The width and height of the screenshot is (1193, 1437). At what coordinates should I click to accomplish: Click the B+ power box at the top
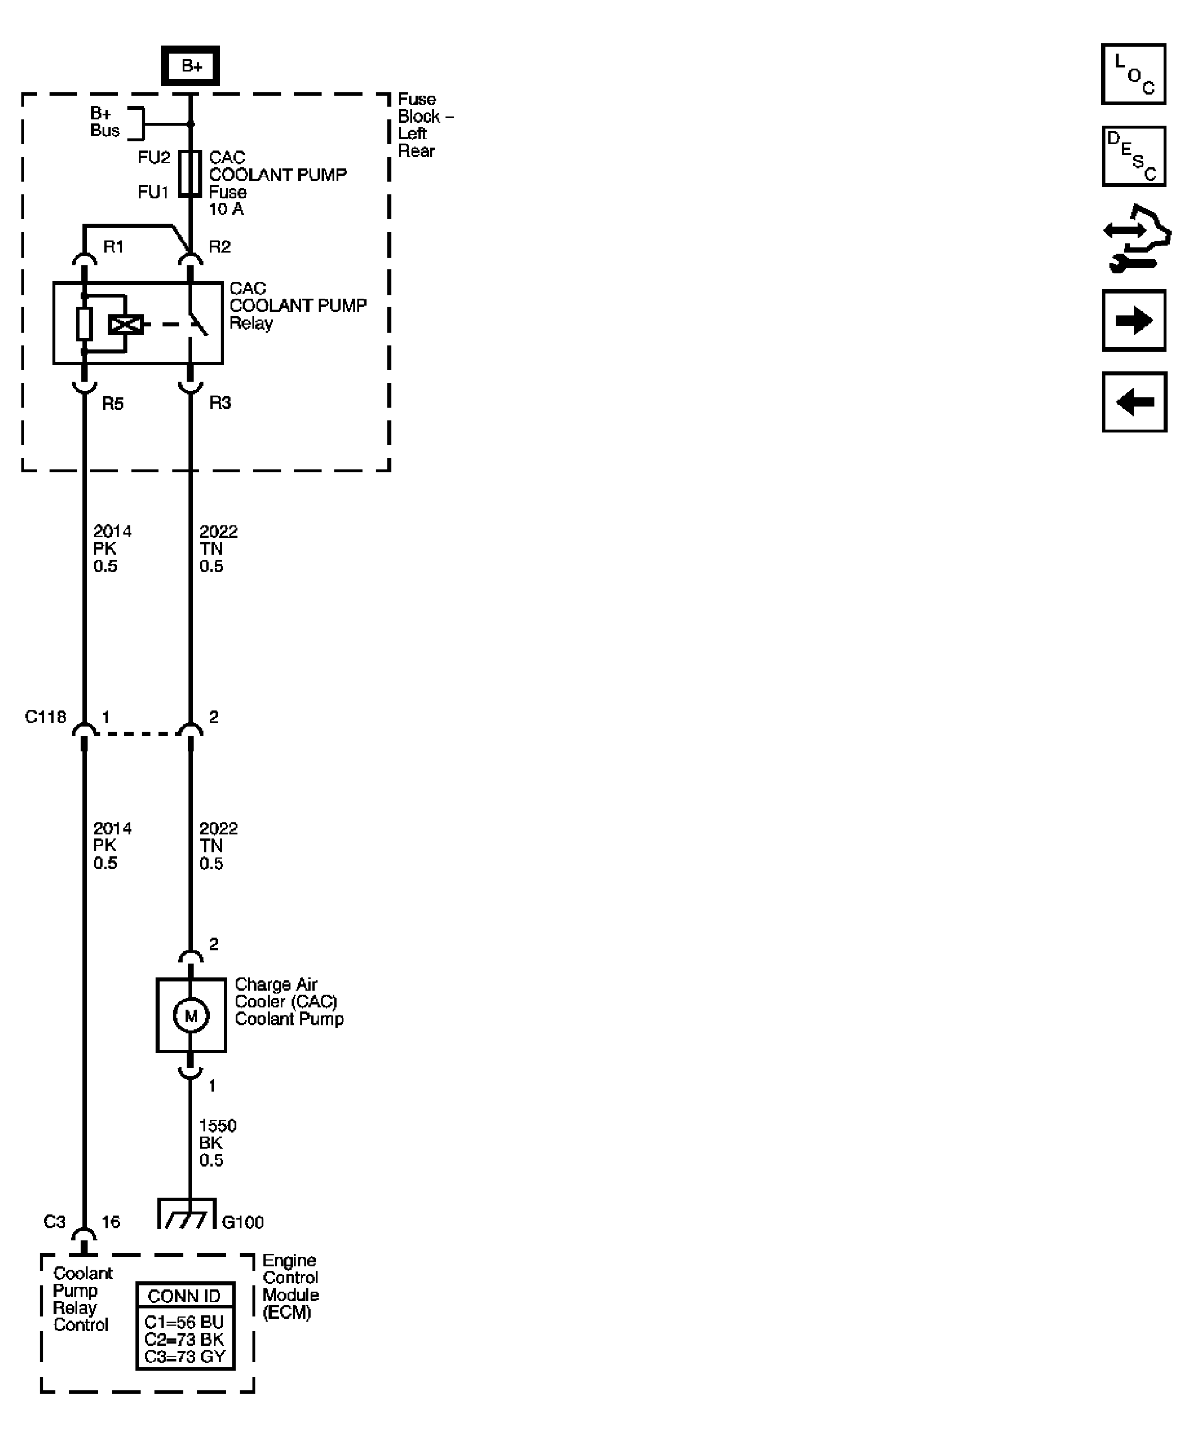pos(190,66)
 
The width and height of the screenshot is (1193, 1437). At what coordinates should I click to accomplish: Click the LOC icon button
pos(1133,74)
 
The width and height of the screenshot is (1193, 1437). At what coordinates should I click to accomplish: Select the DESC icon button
pos(1133,156)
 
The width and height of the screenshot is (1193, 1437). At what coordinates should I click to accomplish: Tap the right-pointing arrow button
pos(1134,320)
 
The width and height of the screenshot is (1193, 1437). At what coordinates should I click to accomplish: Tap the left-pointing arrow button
pos(1134,402)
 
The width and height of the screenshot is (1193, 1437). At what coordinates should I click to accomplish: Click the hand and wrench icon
pos(1135,238)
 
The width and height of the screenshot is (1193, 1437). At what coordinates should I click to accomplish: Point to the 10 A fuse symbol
pos(190,174)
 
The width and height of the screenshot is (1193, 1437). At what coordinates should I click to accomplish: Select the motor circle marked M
pos(191,1015)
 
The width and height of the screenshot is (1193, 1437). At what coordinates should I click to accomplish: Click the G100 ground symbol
pos(186,1214)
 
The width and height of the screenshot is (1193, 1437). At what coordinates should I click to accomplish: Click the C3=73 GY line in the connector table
pos(184,1356)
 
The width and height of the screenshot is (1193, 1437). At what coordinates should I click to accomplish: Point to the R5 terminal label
pos(113,404)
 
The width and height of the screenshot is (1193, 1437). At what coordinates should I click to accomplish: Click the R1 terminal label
pos(114,246)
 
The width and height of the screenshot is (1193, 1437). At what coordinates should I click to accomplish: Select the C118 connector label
pos(45,716)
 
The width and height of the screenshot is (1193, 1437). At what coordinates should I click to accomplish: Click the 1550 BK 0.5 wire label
pos(217,1143)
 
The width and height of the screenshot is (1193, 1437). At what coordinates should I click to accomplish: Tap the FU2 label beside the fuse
pos(153,157)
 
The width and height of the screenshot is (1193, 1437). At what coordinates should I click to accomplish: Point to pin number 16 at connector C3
pos(111,1221)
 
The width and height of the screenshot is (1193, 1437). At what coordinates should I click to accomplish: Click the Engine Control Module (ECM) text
pos(290,1286)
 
